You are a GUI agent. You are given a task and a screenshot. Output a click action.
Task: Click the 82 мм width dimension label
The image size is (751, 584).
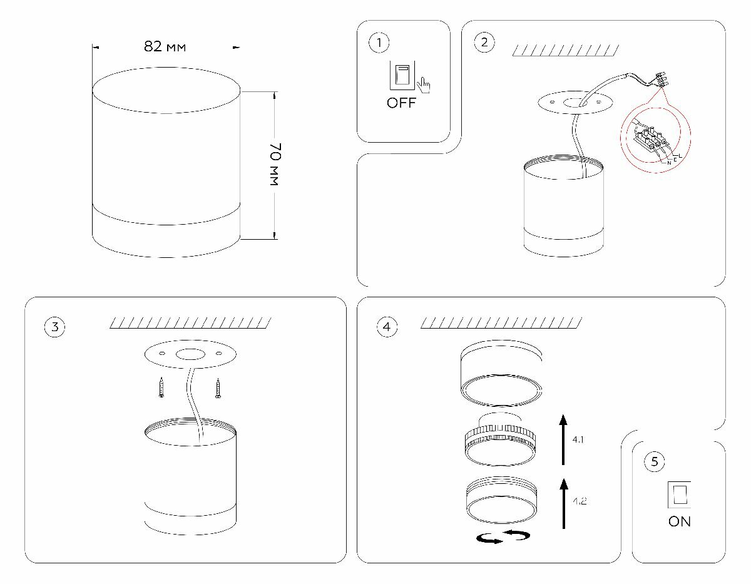point(165,47)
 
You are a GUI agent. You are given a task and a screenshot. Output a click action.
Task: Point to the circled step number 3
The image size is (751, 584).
point(54,327)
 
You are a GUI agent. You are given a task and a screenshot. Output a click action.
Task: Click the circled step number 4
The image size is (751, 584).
point(387,327)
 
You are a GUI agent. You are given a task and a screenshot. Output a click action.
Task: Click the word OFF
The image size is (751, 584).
point(401,104)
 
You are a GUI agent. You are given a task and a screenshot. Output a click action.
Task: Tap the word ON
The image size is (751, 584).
point(680,521)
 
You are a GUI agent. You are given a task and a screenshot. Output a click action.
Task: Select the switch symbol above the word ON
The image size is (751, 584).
point(680,494)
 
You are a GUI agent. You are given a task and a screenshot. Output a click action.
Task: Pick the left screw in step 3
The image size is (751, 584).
point(161,388)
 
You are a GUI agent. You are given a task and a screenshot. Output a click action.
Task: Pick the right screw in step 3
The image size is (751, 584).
point(218,388)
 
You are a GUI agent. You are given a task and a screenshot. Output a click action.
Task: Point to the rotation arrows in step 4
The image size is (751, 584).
point(503,537)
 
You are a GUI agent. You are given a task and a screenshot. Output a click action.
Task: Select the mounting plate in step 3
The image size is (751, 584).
point(190,355)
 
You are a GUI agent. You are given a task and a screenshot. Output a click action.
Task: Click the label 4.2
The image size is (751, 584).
point(579,501)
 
